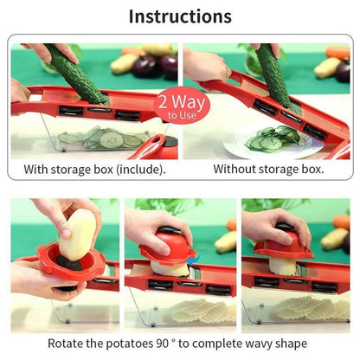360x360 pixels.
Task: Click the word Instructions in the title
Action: coord(180,16)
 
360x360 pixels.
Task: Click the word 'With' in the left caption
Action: coord(37,169)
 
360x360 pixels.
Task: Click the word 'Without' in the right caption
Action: coord(236,169)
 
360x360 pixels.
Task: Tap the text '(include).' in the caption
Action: coord(138,169)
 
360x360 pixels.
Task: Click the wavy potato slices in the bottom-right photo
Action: coord(303,306)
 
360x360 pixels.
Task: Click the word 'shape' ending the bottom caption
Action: coord(289,344)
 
